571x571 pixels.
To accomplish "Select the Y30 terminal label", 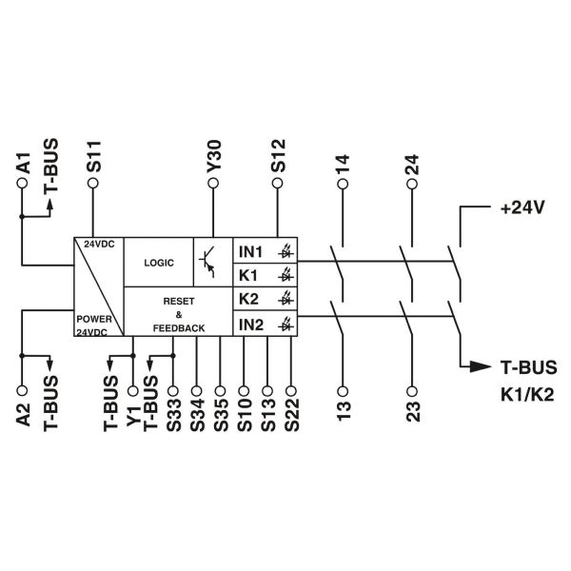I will [x=212, y=155].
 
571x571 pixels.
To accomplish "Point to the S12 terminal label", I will [x=278, y=155].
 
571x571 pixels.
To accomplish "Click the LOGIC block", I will [x=159, y=261].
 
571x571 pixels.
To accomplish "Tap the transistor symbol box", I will [x=212, y=261].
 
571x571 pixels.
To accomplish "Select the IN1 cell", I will [x=250, y=252].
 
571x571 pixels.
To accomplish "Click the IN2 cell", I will [x=250, y=325].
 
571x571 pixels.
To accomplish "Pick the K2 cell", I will [x=248, y=300].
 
